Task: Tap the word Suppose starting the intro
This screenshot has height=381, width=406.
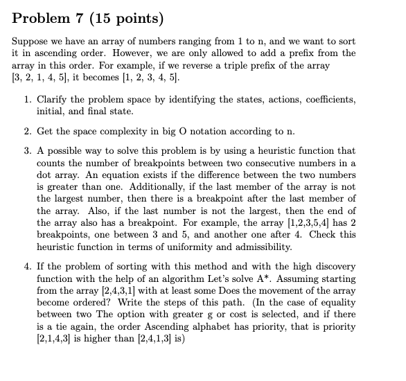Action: (31, 43)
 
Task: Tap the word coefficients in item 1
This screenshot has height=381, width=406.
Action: (326, 100)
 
